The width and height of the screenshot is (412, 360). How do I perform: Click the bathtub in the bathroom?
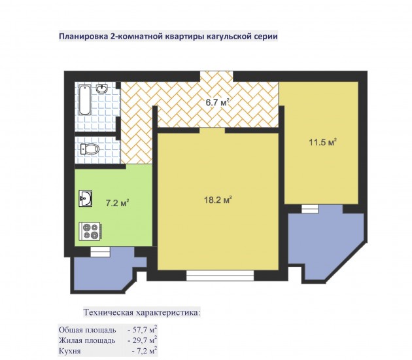point(84,99)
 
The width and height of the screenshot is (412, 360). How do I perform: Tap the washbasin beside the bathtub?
point(101,88)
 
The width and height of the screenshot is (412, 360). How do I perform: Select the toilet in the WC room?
point(90,149)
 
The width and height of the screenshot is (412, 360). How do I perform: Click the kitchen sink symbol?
point(86,198)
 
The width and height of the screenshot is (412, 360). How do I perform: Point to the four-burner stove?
point(91,231)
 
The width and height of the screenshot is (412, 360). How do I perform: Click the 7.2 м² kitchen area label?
point(117,203)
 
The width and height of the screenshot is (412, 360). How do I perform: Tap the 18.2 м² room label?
point(218,200)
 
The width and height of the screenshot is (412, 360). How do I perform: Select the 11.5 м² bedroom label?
point(322,142)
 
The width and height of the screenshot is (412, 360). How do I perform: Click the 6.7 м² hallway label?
point(218,102)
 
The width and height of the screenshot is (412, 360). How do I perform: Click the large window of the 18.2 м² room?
point(220,276)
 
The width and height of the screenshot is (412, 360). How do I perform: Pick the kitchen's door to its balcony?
point(100,251)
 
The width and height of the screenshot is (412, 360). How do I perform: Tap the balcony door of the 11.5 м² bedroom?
point(310,209)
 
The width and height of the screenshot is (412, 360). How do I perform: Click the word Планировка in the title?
point(82,36)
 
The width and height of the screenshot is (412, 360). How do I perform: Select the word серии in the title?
point(266,36)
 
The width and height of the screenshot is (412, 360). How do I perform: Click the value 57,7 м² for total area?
point(142,330)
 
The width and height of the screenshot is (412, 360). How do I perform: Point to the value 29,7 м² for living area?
point(142,340)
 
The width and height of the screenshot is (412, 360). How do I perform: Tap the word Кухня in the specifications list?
point(69,351)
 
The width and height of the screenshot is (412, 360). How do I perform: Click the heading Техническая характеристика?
point(142,313)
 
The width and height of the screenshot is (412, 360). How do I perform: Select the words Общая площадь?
point(87,331)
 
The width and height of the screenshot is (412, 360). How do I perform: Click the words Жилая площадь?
point(87,341)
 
